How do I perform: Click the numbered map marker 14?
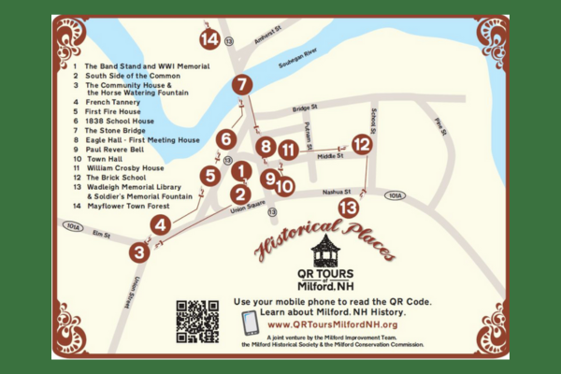[209, 38]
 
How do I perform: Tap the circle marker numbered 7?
[242, 84]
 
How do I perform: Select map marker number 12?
[362, 144]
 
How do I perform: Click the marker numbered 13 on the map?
[349, 208]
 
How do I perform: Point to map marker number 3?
[139, 251]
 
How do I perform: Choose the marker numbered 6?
[224, 139]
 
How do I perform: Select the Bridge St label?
[306, 108]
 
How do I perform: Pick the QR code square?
[196, 320]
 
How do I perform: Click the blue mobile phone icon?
[250, 322]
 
